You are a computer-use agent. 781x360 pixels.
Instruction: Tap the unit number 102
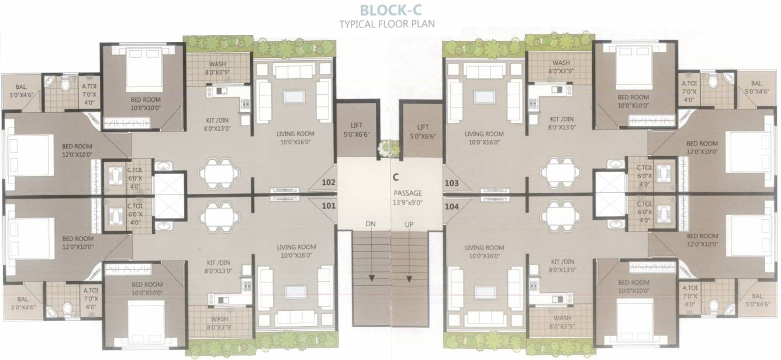pyautogui.click(x=329, y=183)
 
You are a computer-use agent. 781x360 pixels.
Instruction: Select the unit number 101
pyautogui.click(x=329, y=205)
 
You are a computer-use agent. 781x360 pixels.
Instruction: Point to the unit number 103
pyautogui.click(x=451, y=183)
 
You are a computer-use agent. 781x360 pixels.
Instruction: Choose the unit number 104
pyautogui.click(x=451, y=206)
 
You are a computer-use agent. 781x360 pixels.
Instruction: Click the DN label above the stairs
pyautogui.click(x=370, y=224)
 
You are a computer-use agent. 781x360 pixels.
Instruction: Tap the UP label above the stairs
pyautogui.click(x=409, y=224)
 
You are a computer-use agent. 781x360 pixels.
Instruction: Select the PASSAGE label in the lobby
pyautogui.click(x=407, y=193)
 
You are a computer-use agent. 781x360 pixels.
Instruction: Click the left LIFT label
pyautogui.click(x=357, y=127)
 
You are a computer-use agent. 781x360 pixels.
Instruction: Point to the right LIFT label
pyautogui.click(x=423, y=127)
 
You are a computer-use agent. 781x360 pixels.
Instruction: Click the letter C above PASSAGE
pyautogui.click(x=396, y=176)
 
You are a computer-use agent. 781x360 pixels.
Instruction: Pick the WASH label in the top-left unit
pyautogui.click(x=218, y=64)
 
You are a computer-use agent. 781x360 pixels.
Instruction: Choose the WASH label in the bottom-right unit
pyautogui.click(x=561, y=319)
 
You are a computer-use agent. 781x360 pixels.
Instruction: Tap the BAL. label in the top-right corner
pyautogui.click(x=757, y=84)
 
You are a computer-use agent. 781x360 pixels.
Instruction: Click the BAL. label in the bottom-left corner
pyautogui.click(x=23, y=299)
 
